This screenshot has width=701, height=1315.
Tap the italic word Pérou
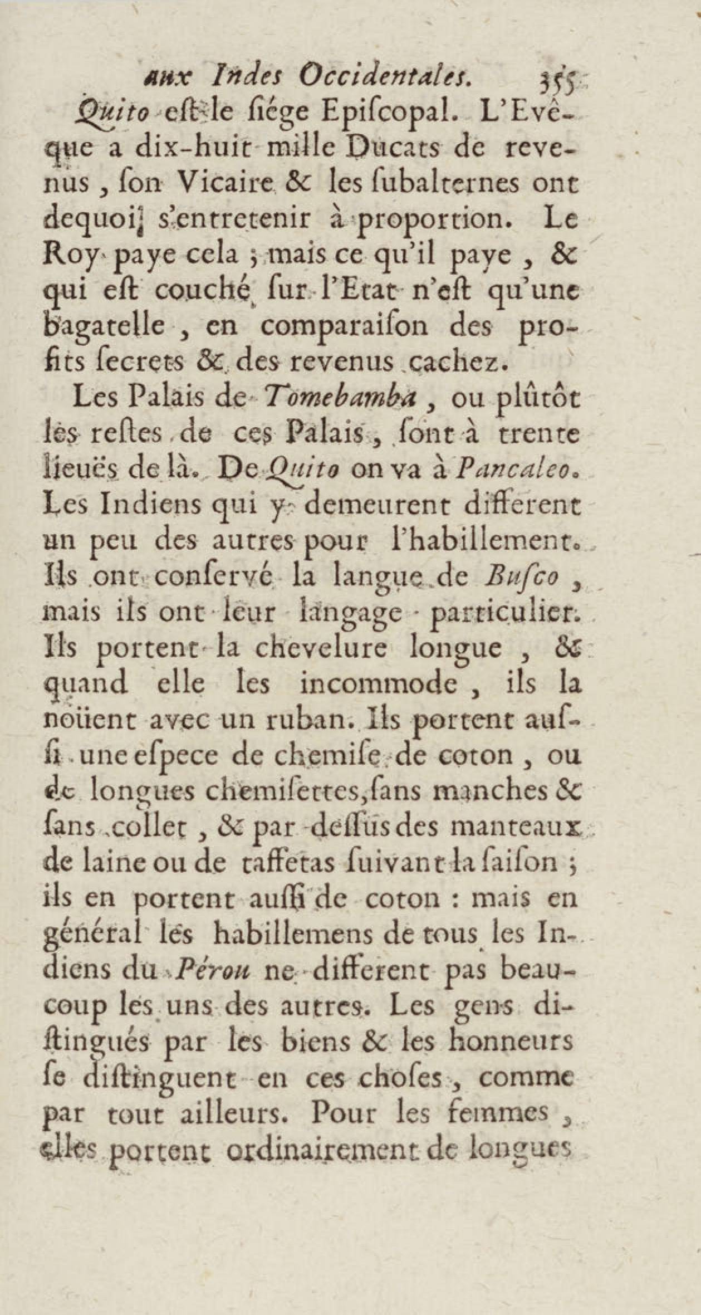coord(211,971)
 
